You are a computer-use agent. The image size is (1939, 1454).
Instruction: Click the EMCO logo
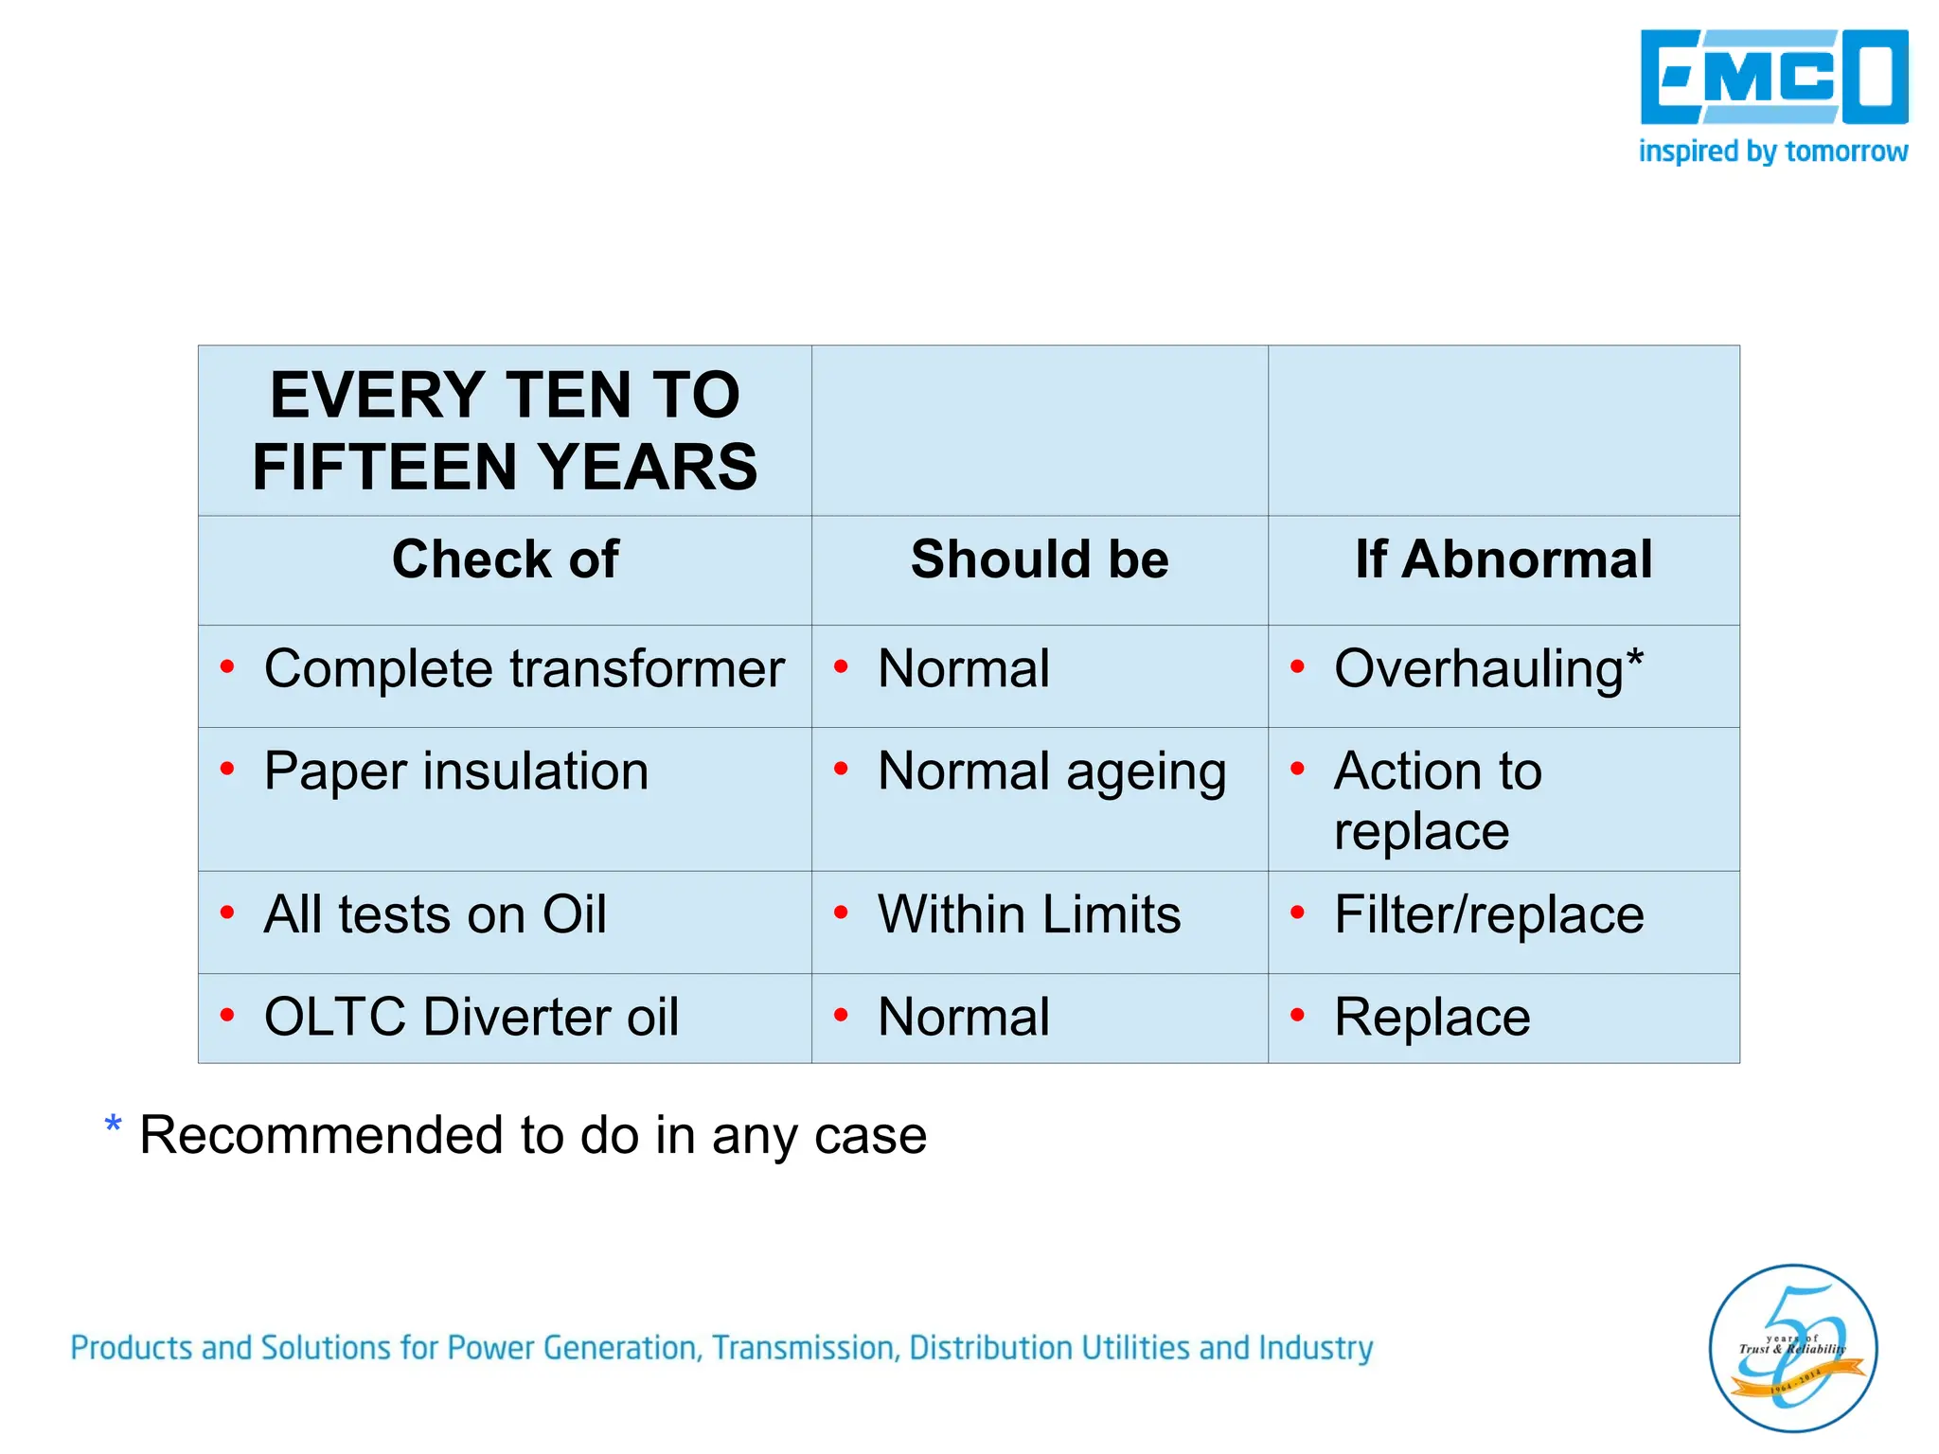(x=1773, y=78)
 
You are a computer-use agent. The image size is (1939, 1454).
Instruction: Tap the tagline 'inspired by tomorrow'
(x=1772, y=151)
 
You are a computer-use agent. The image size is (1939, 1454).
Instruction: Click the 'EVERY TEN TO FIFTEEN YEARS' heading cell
(x=505, y=431)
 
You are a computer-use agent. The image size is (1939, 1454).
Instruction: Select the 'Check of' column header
(x=505, y=559)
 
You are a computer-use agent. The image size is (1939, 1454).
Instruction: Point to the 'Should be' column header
(x=1040, y=559)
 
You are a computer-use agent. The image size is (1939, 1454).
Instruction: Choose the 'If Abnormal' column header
(x=1503, y=559)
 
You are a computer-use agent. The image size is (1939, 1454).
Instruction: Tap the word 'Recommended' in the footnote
(x=320, y=1136)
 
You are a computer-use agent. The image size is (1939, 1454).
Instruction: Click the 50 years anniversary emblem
(x=1792, y=1348)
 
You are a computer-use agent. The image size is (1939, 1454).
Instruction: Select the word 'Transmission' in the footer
(x=805, y=1348)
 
